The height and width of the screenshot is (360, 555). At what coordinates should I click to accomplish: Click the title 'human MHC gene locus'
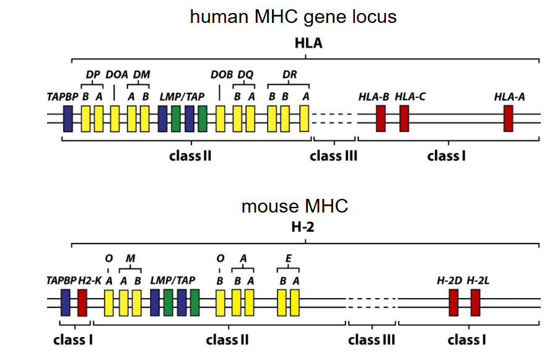click(293, 17)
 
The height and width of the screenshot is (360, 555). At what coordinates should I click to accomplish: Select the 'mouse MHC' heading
click(294, 206)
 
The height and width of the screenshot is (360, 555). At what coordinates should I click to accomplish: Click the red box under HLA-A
click(508, 118)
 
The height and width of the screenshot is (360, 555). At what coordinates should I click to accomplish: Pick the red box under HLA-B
click(381, 118)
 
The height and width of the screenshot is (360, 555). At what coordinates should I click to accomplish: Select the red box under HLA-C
click(404, 118)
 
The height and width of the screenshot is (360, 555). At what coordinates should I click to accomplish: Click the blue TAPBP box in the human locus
click(68, 118)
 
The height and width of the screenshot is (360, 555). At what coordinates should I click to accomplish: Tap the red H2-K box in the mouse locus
click(82, 303)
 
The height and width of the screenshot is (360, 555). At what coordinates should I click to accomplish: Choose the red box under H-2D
click(453, 303)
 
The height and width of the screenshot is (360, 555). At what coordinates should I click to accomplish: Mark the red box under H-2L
click(475, 303)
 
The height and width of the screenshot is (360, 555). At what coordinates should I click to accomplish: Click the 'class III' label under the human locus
click(333, 156)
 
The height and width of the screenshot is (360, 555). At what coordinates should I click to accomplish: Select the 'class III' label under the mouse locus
click(372, 340)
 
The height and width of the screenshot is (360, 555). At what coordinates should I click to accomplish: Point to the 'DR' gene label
click(289, 75)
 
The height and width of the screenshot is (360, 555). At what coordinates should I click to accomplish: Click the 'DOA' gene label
click(116, 75)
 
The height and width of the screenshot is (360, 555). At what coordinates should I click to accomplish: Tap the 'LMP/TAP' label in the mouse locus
click(173, 281)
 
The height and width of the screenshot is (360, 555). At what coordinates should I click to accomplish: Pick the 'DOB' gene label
click(222, 75)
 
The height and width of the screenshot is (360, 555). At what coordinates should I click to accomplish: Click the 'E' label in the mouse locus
click(288, 258)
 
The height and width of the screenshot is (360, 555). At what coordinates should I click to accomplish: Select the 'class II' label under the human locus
click(190, 156)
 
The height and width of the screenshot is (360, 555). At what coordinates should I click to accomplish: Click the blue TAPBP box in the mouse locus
click(66, 303)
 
